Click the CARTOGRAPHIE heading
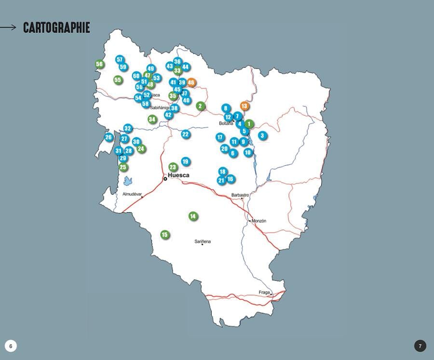56,28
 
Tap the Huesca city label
178,175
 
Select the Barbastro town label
240,195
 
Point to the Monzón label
259,221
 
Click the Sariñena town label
203,241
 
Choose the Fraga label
264,292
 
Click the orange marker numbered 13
244,106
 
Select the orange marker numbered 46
191,82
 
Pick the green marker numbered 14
193,216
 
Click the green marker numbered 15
165,235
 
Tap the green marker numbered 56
100,64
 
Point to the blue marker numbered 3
262,135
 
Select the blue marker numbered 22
186,134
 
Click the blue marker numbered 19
186,161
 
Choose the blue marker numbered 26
108,137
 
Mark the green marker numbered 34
152,119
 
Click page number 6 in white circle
11,346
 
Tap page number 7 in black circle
420,346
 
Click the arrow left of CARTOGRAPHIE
9,28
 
